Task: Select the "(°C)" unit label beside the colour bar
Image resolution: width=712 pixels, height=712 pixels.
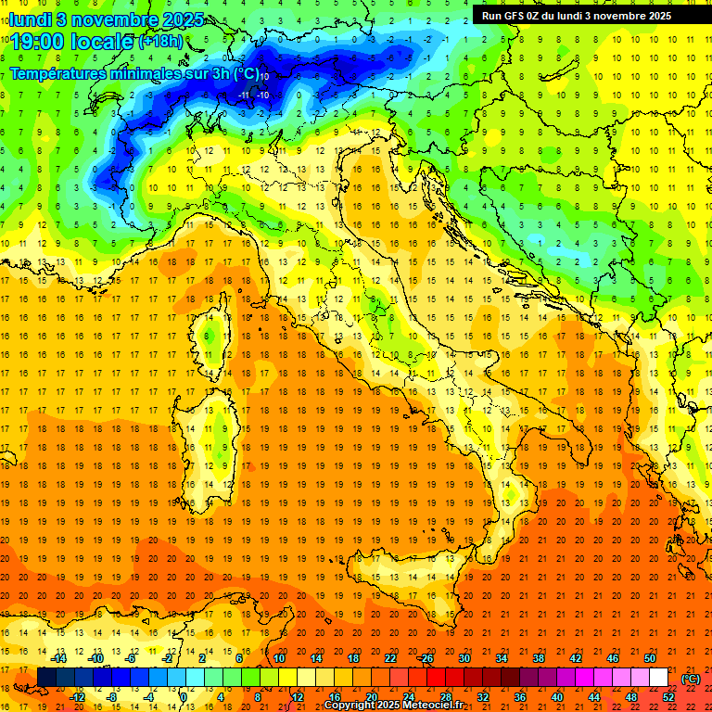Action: [x=691, y=678]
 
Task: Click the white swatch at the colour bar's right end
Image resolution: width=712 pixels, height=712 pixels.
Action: [x=658, y=678]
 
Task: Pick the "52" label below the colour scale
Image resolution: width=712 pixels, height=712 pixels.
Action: [x=668, y=697]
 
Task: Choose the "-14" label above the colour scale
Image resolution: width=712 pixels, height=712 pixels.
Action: [x=59, y=658]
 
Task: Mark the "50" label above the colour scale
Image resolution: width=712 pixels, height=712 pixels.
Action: [x=650, y=658]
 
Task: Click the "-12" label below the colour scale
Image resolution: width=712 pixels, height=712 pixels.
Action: [x=78, y=697]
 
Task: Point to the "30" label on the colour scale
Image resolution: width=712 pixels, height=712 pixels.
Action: [x=464, y=658]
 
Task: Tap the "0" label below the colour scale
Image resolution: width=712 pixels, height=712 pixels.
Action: [x=184, y=697]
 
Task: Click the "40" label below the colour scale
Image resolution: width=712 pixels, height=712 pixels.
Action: [x=557, y=697]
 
